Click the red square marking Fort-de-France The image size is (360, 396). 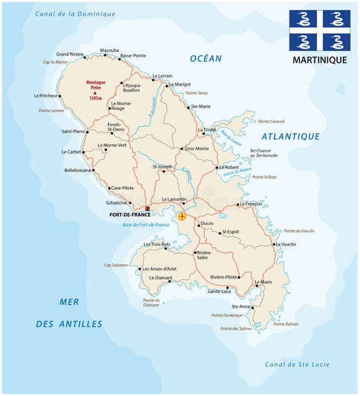147,209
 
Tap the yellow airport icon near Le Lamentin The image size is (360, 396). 182,217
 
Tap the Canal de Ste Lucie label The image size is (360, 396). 297,365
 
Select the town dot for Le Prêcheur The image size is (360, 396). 61,96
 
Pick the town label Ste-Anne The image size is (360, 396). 241,307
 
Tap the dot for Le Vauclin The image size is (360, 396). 275,243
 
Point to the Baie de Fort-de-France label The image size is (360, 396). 146,225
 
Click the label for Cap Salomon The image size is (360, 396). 116,265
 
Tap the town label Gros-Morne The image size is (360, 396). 196,149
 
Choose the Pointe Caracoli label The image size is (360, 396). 271,121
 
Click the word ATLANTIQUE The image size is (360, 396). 291,136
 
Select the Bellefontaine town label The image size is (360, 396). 77,169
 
